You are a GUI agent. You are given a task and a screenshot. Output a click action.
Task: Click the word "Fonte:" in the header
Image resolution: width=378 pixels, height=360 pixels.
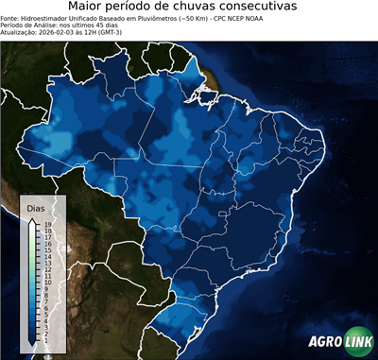pos(10,18)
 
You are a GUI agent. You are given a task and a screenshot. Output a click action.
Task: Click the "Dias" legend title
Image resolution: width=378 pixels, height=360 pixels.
pos(36,207)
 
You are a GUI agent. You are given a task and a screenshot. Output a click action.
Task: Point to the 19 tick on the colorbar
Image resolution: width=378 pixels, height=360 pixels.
pos(46,225)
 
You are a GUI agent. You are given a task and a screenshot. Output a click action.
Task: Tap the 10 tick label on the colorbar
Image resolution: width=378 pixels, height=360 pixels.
pos(46,282)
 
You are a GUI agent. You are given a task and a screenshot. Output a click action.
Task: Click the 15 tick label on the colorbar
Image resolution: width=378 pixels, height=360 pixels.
pos(46,250)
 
